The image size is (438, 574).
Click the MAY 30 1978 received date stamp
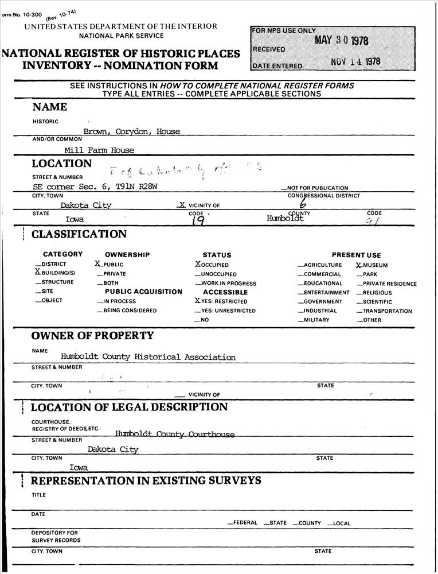pos(341,41)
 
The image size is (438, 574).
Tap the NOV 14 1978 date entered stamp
pos(355,62)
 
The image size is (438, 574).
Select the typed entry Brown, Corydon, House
pos(131,131)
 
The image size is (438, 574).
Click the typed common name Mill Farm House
pos(99,150)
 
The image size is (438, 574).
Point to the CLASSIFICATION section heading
pos(79,234)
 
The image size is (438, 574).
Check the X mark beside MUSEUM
pos(358,265)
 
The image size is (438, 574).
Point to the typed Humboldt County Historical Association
pos(148,357)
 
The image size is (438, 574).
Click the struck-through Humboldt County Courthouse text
pos(174,435)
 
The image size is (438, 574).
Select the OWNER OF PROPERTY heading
pos(92,336)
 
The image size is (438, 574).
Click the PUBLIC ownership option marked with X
pos(110,265)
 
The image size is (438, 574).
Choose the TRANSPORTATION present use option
pos(386,311)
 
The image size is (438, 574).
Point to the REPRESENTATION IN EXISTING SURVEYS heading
pos(146,480)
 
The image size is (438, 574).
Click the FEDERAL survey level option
pos(242,523)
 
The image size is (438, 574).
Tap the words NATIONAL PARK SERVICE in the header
pos(121,36)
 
